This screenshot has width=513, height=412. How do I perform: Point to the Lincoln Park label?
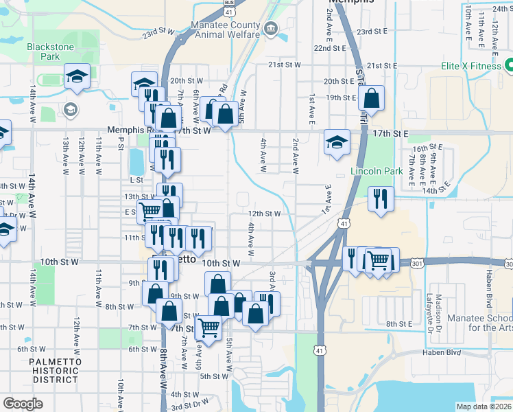[x=375, y=171]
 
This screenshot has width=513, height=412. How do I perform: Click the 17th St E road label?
[x=392, y=133]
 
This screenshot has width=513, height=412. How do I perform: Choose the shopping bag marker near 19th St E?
[x=371, y=98]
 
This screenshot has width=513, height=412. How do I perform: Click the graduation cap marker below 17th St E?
[x=337, y=142]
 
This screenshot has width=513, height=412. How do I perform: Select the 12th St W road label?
[x=264, y=214]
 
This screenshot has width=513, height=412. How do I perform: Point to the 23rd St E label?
[x=373, y=32]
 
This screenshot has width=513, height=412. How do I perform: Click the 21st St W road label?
[x=285, y=64]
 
